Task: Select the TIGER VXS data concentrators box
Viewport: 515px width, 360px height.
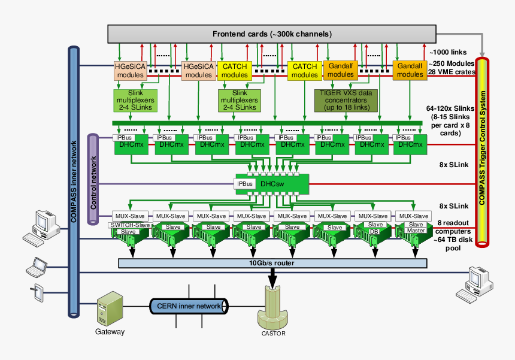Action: pyautogui.click(x=346, y=100)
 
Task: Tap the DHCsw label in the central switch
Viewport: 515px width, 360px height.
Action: pyautogui.click(x=275, y=183)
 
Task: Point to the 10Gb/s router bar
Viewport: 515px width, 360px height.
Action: pyautogui.click(x=273, y=263)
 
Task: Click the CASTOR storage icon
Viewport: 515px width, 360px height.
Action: pyautogui.click(x=273, y=308)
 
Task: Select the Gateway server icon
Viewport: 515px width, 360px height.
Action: pyautogui.click(x=110, y=308)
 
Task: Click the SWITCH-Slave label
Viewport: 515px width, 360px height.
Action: pyautogui.click(x=129, y=225)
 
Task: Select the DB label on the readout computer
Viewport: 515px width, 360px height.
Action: pyautogui.click(x=374, y=231)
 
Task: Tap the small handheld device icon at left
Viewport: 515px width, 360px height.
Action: pyautogui.click(x=37, y=293)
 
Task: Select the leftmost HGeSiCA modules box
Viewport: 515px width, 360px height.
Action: pyautogui.click(x=130, y=71)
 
